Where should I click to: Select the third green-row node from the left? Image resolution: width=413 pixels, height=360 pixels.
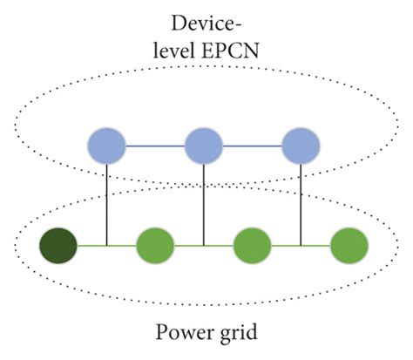[254, 247]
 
